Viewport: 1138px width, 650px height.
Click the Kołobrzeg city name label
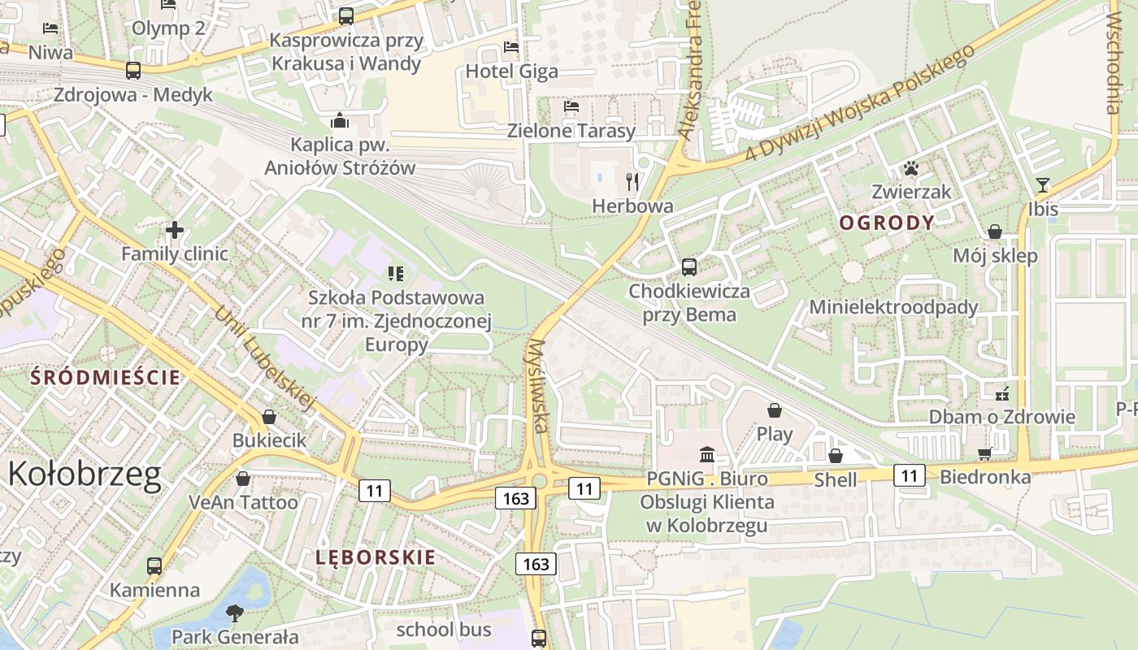click(85, 474)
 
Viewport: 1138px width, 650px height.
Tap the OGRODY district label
click(887, 222)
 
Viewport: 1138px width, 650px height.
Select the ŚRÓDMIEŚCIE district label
click(106, 377)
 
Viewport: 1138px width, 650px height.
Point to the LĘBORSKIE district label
click(376, 557)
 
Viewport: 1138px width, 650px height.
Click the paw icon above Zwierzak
click(911, 169)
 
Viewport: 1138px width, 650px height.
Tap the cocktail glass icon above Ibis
click(1043, 185)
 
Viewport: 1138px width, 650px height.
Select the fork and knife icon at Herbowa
click(633, 181)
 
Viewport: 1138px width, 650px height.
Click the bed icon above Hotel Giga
click(511, 47)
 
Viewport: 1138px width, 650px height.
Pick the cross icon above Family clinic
click(174, 230)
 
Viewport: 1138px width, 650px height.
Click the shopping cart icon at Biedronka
click(985, 453)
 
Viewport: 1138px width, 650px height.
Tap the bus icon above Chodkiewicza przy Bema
click(689, 266)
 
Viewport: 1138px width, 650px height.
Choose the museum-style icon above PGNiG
click(706, 454)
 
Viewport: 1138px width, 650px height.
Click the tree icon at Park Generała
click(235, 613)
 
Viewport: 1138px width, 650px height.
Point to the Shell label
click(836, 479)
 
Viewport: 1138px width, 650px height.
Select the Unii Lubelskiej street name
click(264, 357)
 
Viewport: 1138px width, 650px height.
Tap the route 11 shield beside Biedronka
click(910, 474)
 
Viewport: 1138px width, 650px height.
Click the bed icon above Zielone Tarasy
click(571, 106)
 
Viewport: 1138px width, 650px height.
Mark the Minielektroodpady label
click(893, 307)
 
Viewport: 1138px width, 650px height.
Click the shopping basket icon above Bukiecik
click(269, 417)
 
